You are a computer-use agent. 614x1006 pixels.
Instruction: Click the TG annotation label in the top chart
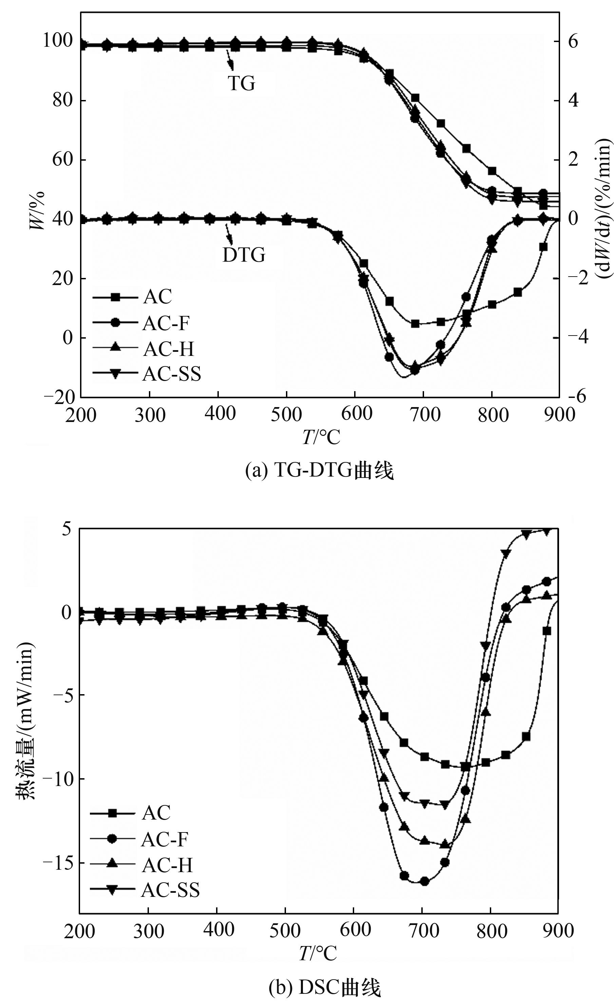[242, 83]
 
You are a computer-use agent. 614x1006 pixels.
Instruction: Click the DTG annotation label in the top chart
[244, 255]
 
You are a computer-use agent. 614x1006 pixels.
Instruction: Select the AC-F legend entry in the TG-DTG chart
[166, 323]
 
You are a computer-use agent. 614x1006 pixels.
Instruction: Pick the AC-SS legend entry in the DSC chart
[170, 890]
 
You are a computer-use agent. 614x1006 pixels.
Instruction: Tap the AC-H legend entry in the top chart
[168, 349]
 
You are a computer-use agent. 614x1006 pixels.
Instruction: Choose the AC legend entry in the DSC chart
[156, 813]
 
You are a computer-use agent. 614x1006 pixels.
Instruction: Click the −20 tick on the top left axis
[60, 397]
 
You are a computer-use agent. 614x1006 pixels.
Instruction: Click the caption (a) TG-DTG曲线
[319, 470]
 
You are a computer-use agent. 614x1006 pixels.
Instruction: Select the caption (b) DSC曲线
[325, 988]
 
